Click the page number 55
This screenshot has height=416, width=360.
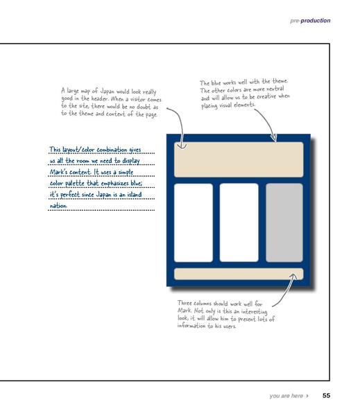(x=326, y=396)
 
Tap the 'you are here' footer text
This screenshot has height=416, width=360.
(x=286, y=396)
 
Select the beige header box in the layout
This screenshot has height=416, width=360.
(x=238, y=159)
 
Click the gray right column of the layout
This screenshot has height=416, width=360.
(x=284, y=222)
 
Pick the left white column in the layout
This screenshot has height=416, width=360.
(x=193, y=222)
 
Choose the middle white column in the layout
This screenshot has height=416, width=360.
(x=239, y=222)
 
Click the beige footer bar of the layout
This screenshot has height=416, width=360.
(x=238, y=274)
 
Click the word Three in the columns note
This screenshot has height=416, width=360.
(x=187, y=304)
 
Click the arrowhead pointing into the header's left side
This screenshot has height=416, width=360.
(x=183, y=147)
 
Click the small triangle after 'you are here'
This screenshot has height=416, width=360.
(x=307, y=396)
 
